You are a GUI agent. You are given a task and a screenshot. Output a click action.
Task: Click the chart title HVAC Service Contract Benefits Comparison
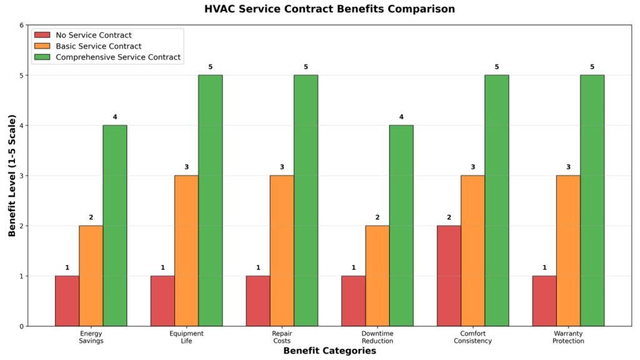coord(329,9)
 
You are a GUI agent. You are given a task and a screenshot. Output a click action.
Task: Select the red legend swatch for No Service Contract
coord(42,36)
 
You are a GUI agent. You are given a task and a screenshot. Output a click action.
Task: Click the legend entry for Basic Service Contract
coord(98,46)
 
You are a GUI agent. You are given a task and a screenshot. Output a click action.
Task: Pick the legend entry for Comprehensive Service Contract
coord(118,57)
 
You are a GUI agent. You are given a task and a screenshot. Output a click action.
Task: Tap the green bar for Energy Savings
coord(115,226)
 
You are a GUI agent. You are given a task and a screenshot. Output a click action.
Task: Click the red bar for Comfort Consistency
coord(449,276)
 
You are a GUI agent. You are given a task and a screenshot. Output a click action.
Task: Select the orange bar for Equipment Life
coord(186,251)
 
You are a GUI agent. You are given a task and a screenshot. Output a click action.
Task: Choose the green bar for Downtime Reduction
coord(401,226)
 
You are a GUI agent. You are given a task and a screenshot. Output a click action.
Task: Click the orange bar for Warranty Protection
coord(568,251)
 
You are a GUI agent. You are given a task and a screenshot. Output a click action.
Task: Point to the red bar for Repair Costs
coord(258,301)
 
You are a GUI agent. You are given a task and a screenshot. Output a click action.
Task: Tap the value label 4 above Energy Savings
coord(115,117)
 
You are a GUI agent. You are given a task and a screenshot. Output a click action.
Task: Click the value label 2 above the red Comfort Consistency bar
coord(449,217)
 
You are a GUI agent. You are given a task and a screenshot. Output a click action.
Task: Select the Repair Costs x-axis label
coord(282,337)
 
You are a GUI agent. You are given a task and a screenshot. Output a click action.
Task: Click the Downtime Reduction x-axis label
coord(377,337)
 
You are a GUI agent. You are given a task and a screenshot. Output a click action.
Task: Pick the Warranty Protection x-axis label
coord(568,337)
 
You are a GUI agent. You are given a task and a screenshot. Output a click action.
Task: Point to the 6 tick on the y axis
coord(21,26)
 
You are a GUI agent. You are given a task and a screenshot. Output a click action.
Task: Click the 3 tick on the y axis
coord(21,176)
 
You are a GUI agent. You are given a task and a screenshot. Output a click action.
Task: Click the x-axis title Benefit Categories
coord(329,351)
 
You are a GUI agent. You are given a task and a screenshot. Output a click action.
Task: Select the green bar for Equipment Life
coord(210,201)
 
